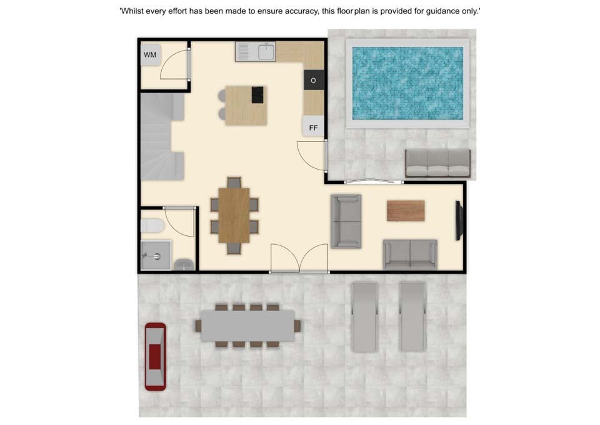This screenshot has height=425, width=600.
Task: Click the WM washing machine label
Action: point(150,55)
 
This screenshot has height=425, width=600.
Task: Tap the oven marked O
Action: point(314,80)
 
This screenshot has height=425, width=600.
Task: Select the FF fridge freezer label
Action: point(313,128)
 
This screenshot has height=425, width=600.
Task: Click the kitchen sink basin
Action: point(266,51)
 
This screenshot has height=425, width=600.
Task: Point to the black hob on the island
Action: point(257,95)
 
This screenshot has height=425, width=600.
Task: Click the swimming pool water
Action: point(407,83)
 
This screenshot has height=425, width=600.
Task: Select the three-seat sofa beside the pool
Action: point(437,163)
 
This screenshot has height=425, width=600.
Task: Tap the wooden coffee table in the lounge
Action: point(406,210)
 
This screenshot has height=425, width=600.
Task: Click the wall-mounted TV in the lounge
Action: point(459,221)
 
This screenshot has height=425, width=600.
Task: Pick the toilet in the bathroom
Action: point(152,225)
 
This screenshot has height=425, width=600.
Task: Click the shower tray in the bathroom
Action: point(156,255)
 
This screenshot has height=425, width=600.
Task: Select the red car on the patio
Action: point(156,357)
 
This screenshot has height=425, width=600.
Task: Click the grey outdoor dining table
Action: point(247,325)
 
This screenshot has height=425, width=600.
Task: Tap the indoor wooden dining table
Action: point(234,215)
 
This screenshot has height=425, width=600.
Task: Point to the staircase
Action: point(162,136)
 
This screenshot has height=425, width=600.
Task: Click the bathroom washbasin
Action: point(184,264)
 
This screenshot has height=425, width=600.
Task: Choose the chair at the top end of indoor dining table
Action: point(234,182)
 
